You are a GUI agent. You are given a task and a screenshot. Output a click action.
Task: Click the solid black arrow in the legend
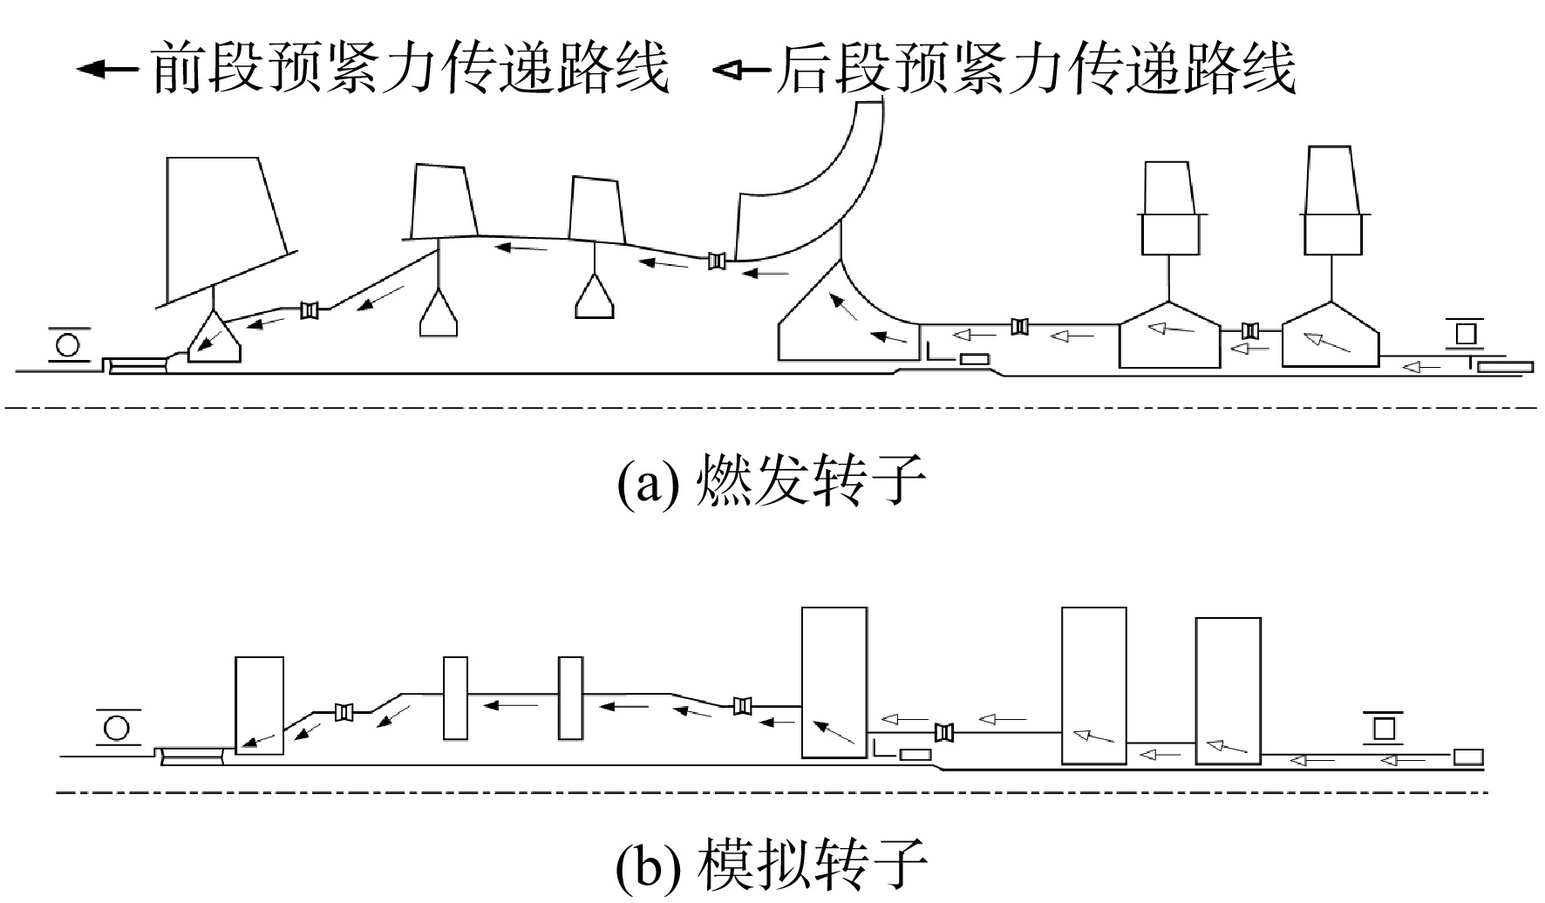(x=106, y=69)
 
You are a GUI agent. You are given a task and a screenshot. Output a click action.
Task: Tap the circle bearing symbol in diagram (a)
(x=67, y=345)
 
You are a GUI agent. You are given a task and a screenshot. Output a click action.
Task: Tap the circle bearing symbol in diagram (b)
(x=117, y=728)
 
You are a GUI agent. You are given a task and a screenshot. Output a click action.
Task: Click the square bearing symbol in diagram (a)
(x=1465, y=333)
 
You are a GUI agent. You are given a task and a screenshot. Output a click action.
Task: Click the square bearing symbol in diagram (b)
(x=1384, y=725)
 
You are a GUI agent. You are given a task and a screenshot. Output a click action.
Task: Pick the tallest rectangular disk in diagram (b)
(x=834, y=682)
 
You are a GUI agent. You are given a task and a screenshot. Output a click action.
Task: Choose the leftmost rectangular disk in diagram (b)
(x=260, y=705)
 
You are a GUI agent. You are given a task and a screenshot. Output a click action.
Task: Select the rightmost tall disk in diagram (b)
(x=1228, y=691)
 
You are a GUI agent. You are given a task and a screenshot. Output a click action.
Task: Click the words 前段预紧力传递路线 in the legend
(x=410, y=69)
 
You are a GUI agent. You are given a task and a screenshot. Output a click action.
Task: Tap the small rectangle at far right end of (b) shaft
(x=1468, y=757)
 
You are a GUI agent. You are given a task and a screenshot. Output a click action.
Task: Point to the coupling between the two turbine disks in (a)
(x=1251, y=330)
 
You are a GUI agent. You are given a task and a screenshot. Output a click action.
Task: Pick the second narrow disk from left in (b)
(x=570, y=698)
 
